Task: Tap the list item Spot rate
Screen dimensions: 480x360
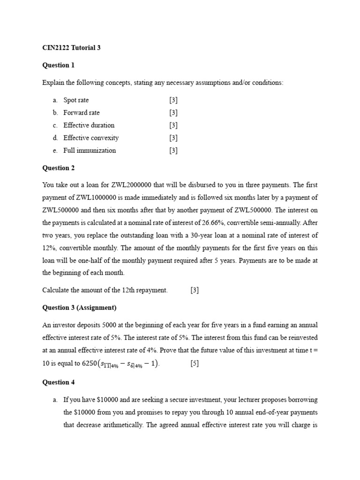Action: pos(76,100)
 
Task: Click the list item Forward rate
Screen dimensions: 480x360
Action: pos(81,112)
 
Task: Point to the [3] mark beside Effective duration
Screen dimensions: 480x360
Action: pos(173,125)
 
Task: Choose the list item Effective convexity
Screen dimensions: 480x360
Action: pos(91,138)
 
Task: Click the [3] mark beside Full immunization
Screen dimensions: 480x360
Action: pos(173,150)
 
